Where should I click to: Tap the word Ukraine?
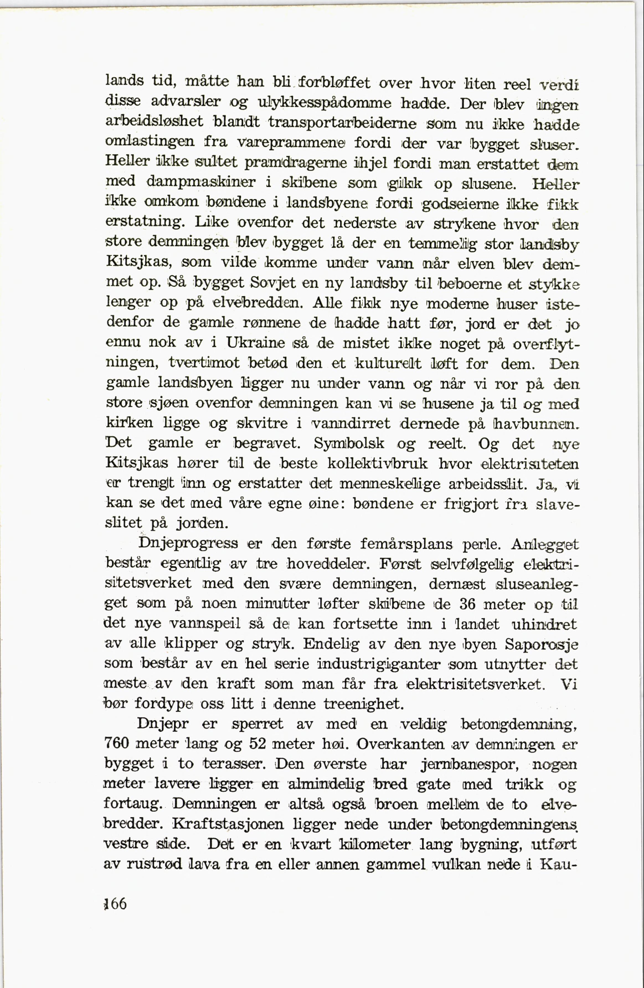[x=256, y=343]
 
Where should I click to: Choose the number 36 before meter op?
[x=467, y=604]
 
